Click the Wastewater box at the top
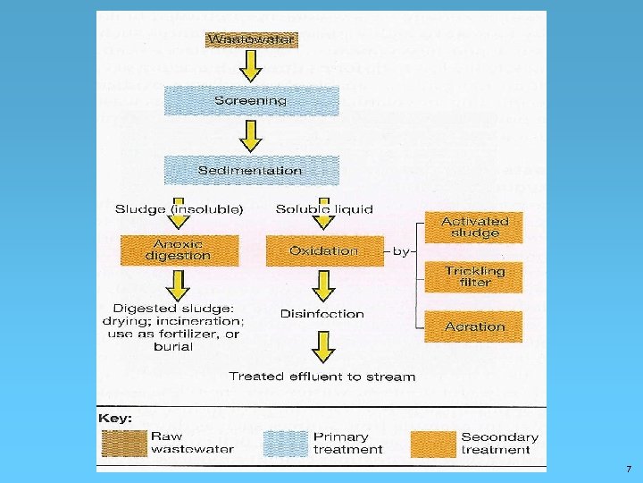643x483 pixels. (x=251, y=39)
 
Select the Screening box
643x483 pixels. (x=251, y=100)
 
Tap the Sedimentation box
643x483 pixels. (x=251, y=171)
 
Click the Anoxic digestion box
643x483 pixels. (x=180, y=250)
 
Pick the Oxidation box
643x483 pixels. (x=325, y=251)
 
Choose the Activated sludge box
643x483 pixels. (x=473, y=227)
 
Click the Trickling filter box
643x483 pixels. (x=473, y=277)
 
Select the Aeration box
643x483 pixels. (x=473, y=326)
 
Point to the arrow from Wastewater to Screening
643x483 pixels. (x=251, y=66)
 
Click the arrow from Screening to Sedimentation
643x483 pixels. (x=251, y=136)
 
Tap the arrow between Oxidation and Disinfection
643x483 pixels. (x=323, y=286)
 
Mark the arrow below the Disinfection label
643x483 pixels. (x=323, y=347)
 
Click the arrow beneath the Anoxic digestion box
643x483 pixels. (x=178, y=286)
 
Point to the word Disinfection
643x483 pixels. (x=321, y=314)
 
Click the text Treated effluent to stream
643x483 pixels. (x=321, y=377)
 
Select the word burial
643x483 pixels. (x=173, y=347)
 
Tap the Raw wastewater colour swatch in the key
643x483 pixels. (x=124, y=444)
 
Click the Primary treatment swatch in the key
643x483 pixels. (x=286, y=444)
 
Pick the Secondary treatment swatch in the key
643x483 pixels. (x=433, y=444)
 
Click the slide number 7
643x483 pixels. (x=629, y=469)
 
